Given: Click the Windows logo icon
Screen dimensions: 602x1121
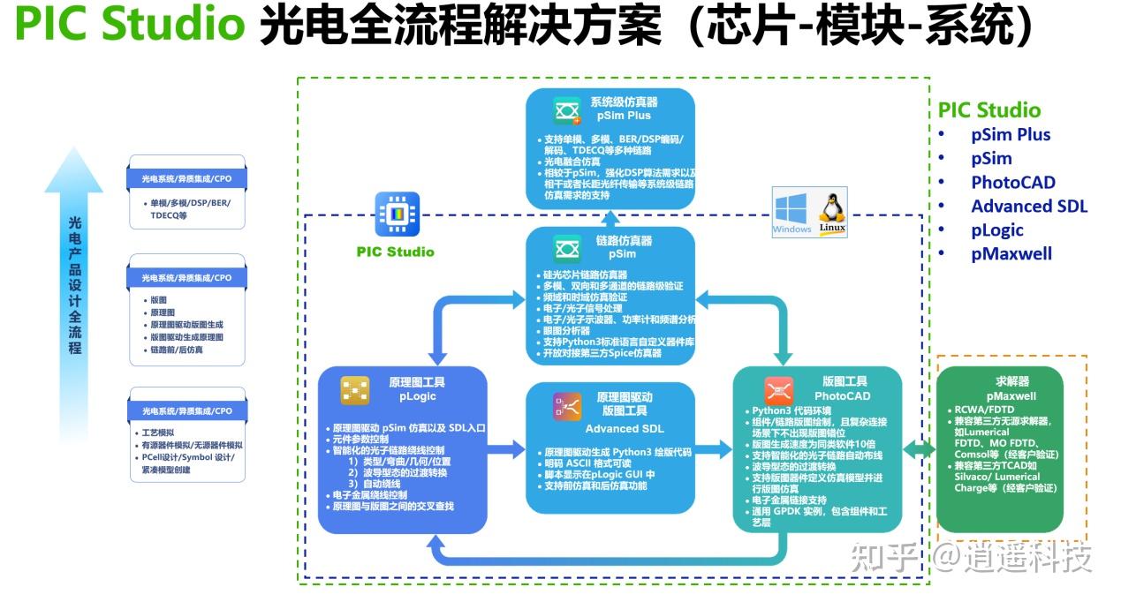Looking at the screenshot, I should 792,212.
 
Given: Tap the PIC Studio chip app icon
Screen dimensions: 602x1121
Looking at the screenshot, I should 395,214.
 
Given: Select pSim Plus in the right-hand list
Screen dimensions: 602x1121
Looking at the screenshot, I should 1011,134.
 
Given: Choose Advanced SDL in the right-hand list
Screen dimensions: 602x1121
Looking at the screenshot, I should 1029,206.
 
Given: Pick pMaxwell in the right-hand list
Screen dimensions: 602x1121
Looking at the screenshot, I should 1011,253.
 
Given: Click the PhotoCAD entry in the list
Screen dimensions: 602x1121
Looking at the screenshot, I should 1013,182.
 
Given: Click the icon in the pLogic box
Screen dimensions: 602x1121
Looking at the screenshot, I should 356,388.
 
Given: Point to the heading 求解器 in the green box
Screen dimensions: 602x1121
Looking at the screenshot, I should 999,381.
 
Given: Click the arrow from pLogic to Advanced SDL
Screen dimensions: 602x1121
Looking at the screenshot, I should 507,450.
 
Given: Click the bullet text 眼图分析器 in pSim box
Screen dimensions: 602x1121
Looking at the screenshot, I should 567,330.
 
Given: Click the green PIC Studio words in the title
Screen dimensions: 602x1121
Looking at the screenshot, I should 130,26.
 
